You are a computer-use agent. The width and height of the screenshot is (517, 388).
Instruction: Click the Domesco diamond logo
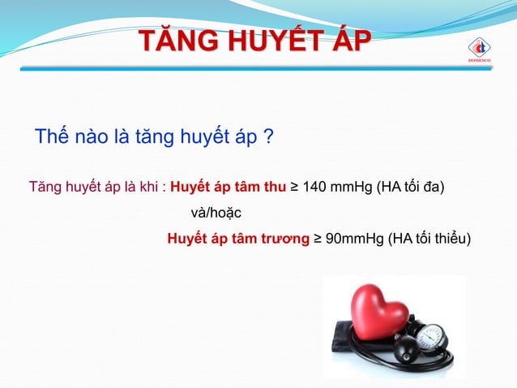tap(479, 48)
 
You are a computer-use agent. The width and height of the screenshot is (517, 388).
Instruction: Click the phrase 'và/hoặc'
tap(215, 213)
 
